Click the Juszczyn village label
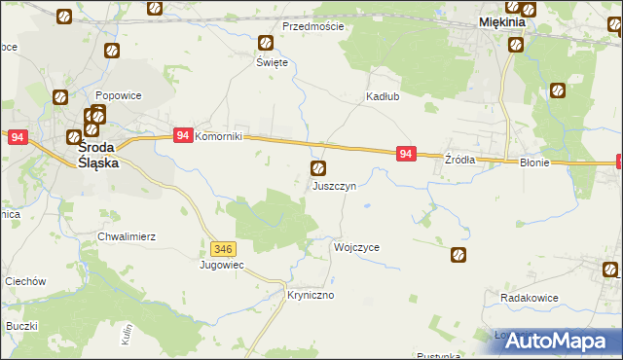coord(340,185)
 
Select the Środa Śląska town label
coord(98,156)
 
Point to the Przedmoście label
coord(312,26)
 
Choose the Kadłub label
coord(383,97)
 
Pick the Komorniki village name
coord(225,137)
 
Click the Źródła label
coord(459,160)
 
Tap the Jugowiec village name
coord(221,265)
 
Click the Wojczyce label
coord(356,247)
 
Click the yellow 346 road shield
coord(223,249)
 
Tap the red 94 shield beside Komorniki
coord(182,137)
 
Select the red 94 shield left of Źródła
coord(407,154)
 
